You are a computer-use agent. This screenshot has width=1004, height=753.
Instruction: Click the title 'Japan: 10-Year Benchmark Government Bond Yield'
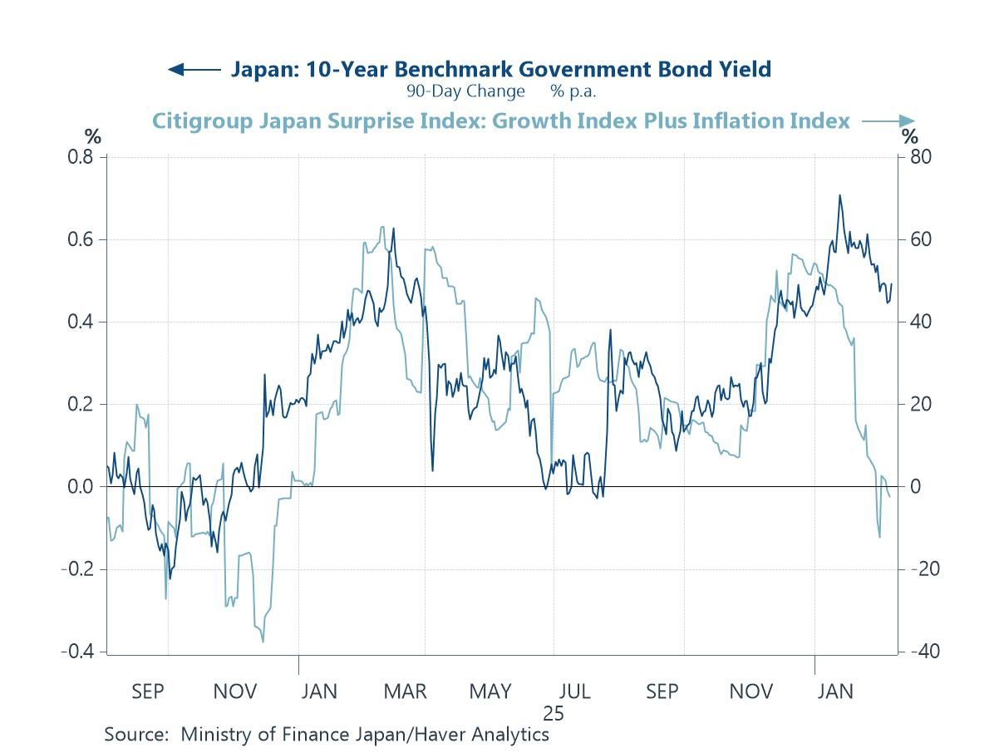tap(500, 69)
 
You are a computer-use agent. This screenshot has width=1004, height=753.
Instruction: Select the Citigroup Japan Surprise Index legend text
tap(500, 121)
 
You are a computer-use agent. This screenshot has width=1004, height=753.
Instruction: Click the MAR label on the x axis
tap(405, 691)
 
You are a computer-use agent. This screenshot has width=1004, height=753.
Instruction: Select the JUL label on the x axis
tap(575, 691)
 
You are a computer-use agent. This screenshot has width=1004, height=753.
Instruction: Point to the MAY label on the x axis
tap(490, 691)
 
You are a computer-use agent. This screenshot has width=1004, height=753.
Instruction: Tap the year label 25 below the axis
tap(554, 713)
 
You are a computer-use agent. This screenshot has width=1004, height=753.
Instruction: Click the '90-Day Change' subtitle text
tap(465, 91)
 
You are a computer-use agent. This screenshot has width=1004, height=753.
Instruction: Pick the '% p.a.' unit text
tap(573, 91)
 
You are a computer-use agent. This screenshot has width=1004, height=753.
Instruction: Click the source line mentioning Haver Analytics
tap(327, 735)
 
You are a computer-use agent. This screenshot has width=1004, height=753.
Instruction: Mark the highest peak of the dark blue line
tap(839, 195)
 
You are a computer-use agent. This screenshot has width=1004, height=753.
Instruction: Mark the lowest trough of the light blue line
tap(263, 641)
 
